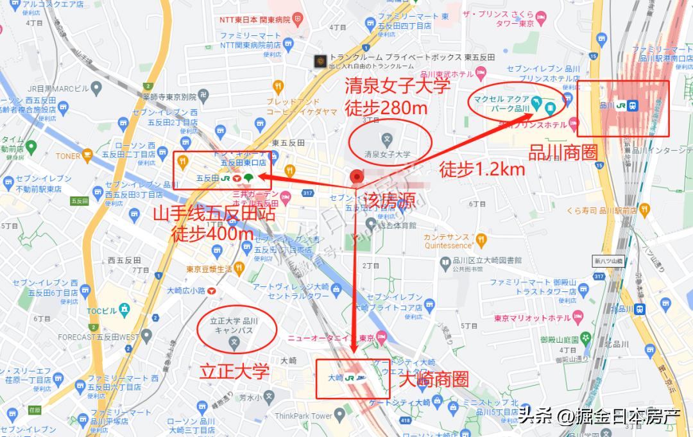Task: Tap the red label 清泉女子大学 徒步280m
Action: (x=389, y=96)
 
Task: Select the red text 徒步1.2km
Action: (x=483, y=169)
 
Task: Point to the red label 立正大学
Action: (x=234, y=372)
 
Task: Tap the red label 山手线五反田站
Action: (x=214, y=214)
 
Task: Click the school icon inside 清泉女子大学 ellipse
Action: (x=386, y=138)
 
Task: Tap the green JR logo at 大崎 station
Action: (x=350, y=379)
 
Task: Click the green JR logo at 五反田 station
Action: (x=226, y=177)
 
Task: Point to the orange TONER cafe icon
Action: (x=87, y=155)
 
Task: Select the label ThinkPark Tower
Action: (x=304, y=415)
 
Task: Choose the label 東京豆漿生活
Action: (x=208, y=269)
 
